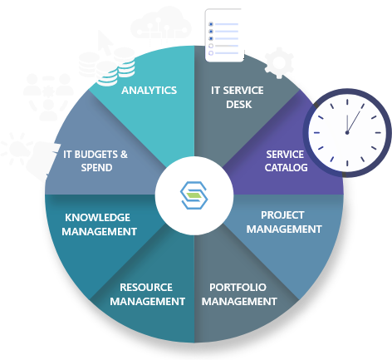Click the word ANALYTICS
click(x=149, y=91)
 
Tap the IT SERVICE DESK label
click(x=238, y=97)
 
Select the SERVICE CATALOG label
click(x=286, y=161)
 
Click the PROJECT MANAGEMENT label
click(x=284, y=222)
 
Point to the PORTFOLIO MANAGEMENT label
click(x=239, y=294)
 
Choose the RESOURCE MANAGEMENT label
click(x=147, y=294)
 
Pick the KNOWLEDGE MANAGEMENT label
click(x=99, y=224)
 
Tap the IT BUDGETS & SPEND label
click(x=96, y=161)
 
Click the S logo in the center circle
click(x=194, y=195)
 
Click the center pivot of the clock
click(x=347, y=133)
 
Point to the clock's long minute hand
click(x=355, y=120)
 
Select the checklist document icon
click(x=225, y=35)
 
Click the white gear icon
click(x=279, y=63)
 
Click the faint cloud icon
click(x=160, y=26)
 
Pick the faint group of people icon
click(x=48, y=96)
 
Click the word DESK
click(x=239, y=105)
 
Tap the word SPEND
click(x=96, y=168)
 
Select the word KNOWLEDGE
click(x=97, y=218)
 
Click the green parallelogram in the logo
click(x=194, y=195)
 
